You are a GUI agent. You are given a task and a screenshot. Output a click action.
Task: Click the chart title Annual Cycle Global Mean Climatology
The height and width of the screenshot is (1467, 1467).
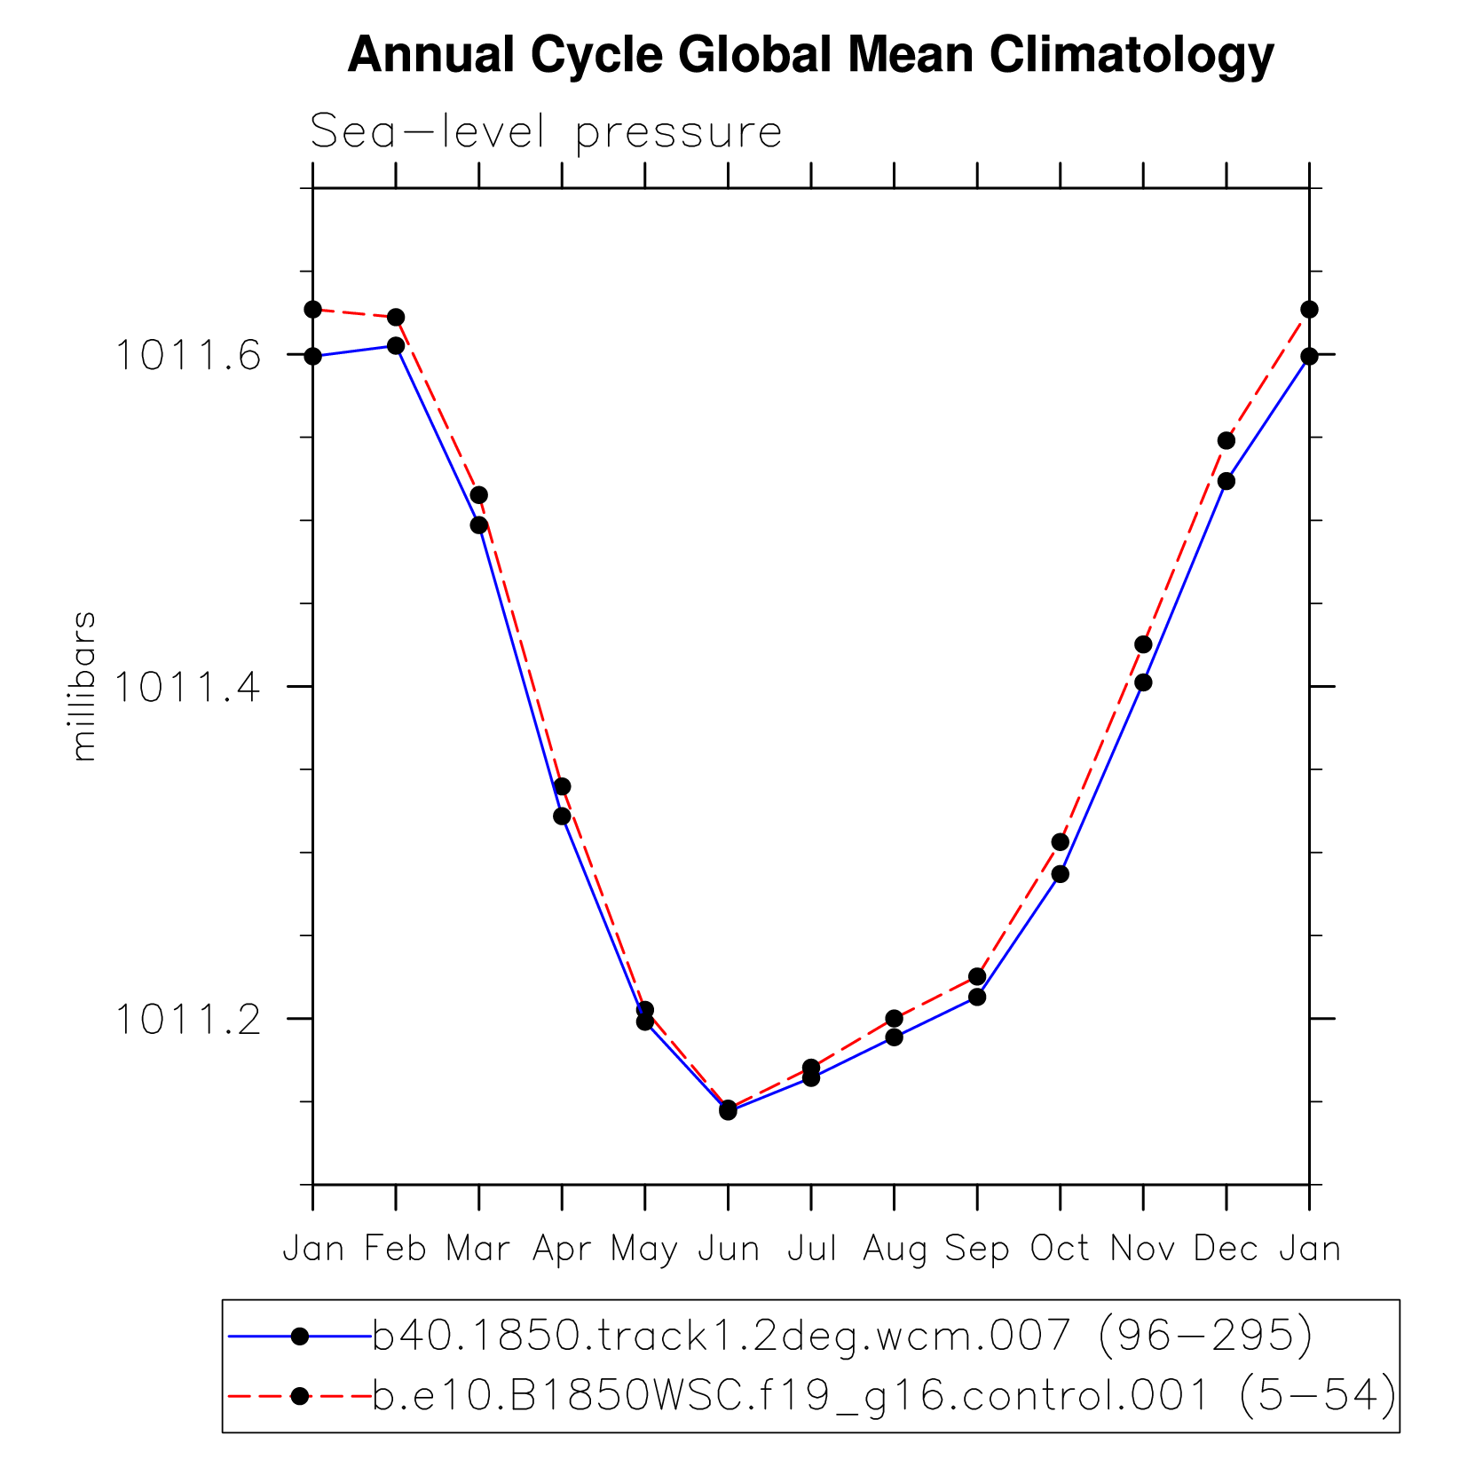click(x=810, y=55)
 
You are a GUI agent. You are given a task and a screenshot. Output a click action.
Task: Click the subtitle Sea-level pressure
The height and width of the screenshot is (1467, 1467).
click(x=546, y=132)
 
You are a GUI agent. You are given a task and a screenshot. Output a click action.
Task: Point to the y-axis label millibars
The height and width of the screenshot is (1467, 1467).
click(x=83, y=686)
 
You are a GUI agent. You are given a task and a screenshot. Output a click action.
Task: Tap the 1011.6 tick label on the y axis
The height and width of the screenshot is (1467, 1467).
click(x=188, y=356)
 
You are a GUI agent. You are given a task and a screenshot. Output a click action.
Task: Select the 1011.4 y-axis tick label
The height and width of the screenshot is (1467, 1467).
click(x=188, y=687)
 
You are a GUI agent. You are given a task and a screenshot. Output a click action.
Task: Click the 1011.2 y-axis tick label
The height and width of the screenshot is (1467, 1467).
click(x=188, y=1020)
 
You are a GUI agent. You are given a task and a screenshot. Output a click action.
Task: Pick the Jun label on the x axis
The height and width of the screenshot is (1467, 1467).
click(x=728, y=1249)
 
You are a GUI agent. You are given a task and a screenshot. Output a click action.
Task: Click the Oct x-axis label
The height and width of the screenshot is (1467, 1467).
click(x=1060, y=1249)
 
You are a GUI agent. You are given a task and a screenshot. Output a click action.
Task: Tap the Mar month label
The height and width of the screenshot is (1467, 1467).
click(x=478, y=1249)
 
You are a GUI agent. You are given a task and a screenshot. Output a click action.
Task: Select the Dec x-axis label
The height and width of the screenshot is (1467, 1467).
click(x=1226, y=1249)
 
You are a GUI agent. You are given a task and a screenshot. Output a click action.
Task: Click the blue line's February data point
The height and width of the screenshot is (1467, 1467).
click(x=396, y=345)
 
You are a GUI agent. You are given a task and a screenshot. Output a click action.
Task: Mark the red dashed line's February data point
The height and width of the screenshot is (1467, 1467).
click(x=396, y=317)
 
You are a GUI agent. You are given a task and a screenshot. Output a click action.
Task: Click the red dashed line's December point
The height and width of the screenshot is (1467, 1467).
click(x=1226, y=440)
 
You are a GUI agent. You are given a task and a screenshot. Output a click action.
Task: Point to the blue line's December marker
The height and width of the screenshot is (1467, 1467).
click(x=1226, y=481)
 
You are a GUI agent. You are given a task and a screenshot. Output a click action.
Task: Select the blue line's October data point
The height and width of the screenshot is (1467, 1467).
click(x=1060, y=873)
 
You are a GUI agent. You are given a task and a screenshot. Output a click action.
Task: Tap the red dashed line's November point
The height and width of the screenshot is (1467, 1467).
click(x=1143, y=643)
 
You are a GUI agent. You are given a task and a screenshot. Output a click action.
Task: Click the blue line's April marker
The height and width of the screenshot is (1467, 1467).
click(x=562, y=816)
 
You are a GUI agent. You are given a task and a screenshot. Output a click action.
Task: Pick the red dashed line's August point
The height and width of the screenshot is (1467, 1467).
click(x=894, y=1018)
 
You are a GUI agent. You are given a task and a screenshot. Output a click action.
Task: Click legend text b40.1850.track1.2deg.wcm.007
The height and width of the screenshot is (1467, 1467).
click(x=721, y=1335)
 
